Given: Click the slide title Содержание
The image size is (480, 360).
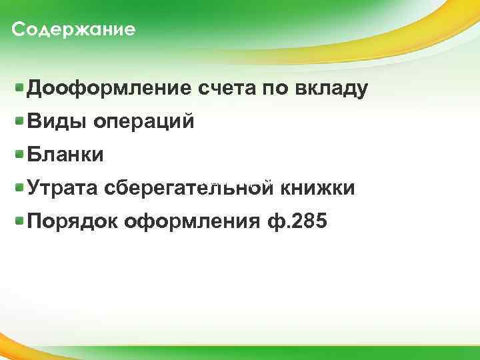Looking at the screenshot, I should coord(73,30).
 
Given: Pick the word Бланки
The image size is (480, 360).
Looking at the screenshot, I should coord(65,155).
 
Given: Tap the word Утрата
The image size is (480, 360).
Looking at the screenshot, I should coord(63,189).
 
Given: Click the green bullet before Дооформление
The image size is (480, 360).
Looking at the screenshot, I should coord(21,87).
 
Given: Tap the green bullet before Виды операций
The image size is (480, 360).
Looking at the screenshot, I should coord(21,121).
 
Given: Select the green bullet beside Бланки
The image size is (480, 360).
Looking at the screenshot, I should coord(21,154).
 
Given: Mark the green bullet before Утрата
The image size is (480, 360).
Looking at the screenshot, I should coord(21,187).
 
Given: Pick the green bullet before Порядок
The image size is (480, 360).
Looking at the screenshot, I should coord(21,219).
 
